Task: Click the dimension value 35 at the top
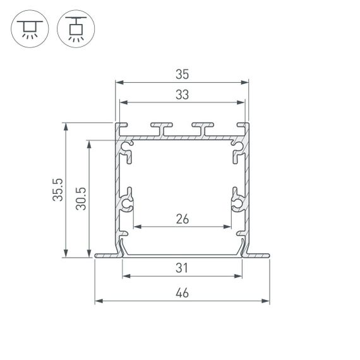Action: point(182,75)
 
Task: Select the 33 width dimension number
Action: point(182,95)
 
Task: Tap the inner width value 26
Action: point(182,219)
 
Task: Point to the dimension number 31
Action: point(182,268)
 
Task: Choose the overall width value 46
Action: point(182,293)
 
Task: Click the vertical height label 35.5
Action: point(58,190)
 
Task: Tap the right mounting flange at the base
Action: point(257,256)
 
